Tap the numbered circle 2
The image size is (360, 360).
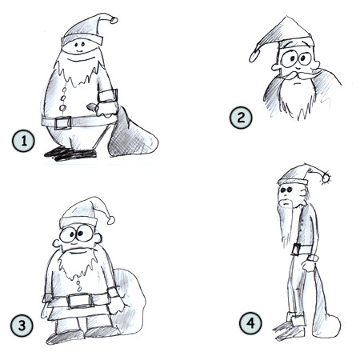point(240,119)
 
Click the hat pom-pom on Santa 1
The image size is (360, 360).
point(114,19)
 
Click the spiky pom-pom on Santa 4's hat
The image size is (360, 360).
point(328,175)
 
